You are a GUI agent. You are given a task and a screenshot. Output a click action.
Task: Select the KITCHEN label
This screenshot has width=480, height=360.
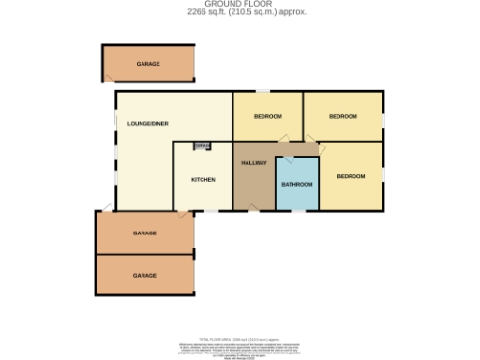(x=203, y=179)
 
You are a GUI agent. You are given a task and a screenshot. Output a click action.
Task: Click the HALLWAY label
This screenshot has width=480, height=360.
(x=254, y=163)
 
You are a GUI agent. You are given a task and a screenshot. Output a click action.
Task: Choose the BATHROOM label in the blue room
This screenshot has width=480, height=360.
(x=297, y=184)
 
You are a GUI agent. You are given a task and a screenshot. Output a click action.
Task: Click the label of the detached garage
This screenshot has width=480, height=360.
(x=147, y=64)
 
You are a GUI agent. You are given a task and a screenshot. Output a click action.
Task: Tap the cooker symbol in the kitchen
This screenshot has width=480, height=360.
(x=202, y=145)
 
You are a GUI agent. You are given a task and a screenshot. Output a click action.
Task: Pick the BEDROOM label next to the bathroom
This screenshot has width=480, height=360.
(x=351, y=176)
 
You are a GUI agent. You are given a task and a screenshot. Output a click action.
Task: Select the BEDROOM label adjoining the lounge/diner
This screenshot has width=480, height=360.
(x=267, y=116)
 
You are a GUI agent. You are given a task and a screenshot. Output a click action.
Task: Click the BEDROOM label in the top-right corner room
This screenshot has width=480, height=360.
(x=343, y=116)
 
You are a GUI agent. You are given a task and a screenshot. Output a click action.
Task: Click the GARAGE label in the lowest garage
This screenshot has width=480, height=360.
(x=144, y=275)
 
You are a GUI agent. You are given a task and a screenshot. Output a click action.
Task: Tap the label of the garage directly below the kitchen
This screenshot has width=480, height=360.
(x=144, y=232)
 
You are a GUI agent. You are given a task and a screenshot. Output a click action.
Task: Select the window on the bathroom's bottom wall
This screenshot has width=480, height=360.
(x=296, y=211)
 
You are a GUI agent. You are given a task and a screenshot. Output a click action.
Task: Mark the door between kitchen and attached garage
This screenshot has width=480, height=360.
(x=188, y=214)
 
